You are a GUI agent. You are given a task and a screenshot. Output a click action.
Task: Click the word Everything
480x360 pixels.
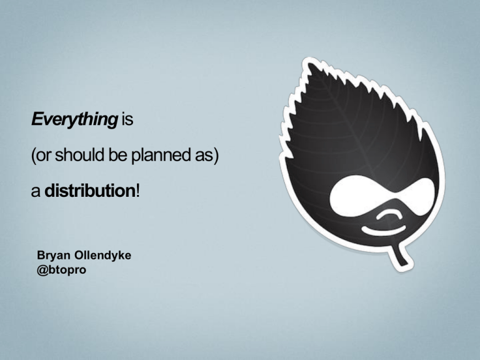pyautogui.click(x=74, y=119)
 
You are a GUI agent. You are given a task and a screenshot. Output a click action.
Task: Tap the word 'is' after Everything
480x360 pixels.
pyautogui.click(x=127, y=119)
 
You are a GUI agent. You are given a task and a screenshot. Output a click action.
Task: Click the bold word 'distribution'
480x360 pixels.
pyautogui.click(x=90, y=191)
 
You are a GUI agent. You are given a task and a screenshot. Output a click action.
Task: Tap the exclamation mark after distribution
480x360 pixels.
pyautogui.click(x=137, y=191)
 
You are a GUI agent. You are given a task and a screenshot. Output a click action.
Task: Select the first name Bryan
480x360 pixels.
pyautogui.click(x=54, y=256)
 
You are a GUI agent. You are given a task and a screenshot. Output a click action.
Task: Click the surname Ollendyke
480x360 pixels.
pyautogui.click(x=103, y=256)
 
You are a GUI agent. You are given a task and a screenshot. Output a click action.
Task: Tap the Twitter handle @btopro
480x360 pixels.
pyautogui.click(x=61, y=270)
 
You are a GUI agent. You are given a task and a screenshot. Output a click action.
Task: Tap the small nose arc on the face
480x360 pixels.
pyautogui.click(x=389, y=214)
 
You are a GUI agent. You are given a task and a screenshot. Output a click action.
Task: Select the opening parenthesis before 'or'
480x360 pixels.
pyautogui.click(x=33, y=155)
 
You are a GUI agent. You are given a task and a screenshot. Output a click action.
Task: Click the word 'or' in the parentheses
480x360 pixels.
pyautogui.click(x=44, y=156)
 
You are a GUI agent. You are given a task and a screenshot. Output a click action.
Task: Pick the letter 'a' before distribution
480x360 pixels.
pyautogui.click(x=36, y=192)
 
